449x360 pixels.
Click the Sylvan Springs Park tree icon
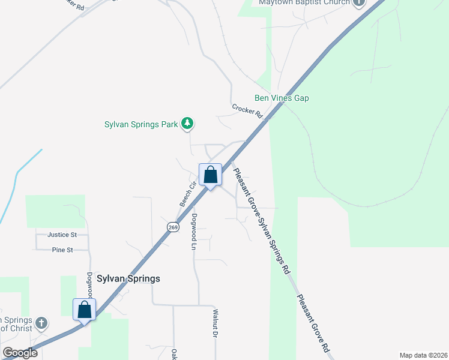click(188, 124)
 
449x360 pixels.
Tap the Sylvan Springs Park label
click(141, 124)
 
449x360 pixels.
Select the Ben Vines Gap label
click(282, 98)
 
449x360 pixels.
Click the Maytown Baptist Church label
click(303, 2)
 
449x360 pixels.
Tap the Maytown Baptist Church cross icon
click(359, 2)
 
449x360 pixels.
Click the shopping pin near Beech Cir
click(210, 176)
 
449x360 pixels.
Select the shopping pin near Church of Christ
click(84, 310)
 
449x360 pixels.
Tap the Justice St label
click(63, 234)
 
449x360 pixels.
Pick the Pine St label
click(62, 250)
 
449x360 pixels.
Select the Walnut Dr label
click(214, 323)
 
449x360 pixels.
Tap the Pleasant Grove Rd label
click(313, 323)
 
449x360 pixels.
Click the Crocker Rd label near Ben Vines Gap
click(248, 111)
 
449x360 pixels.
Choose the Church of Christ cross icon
click(41, 323)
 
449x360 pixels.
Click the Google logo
click(19, 353)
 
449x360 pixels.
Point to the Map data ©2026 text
click(424, 355)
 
